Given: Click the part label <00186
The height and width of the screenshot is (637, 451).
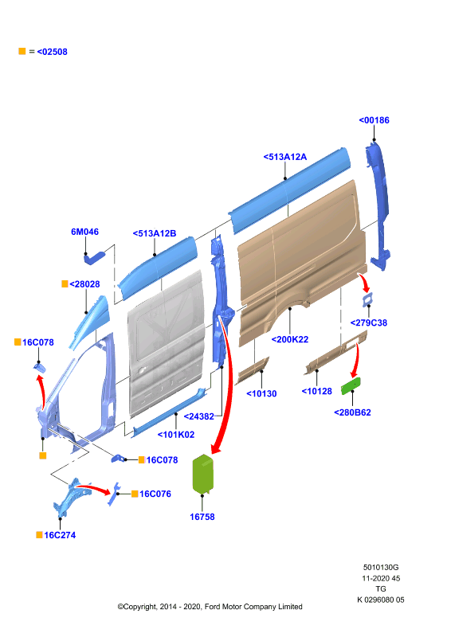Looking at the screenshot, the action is click(x=374, y=120).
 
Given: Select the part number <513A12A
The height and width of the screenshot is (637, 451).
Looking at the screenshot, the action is click(x=284, y=157).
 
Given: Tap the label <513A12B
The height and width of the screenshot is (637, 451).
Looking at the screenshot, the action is click(x=154, y=233).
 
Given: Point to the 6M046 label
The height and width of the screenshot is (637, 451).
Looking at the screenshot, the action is click(x=84, y=232).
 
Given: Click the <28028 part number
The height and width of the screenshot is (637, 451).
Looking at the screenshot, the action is click(x=84, y=284).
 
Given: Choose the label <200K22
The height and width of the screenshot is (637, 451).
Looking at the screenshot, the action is click(x=289, y=340).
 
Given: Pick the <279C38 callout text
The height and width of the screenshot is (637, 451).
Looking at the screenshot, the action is click(x=368, y=323).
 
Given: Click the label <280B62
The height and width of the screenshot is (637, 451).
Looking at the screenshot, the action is click(x=352, y=412).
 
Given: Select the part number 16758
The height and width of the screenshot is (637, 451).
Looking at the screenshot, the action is click(x=202, y=517).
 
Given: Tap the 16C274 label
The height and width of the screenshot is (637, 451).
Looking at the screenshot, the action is click(x=60, y=535).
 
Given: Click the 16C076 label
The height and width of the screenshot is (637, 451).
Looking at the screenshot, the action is click(x=155, y=494).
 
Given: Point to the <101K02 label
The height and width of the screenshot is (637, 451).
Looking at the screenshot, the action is click(x=175, y=435).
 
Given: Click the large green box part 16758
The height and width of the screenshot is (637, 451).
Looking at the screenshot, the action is click(x=202, y=474).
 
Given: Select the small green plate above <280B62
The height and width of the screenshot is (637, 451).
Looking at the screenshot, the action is click(x=351, y=385).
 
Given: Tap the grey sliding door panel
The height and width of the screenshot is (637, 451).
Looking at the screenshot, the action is click(x=167, y=343).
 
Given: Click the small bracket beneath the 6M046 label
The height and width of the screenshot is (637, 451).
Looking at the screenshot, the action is click(x=93, y=257).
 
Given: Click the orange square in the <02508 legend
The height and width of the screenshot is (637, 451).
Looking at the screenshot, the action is click(x=22, y=51).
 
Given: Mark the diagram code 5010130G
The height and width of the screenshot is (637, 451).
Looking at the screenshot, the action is click(x=381, y=568).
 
